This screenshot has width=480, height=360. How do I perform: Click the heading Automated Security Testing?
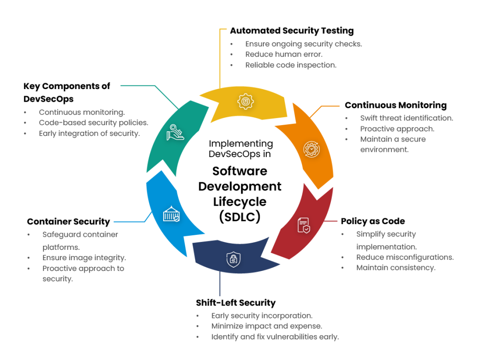[292, 31]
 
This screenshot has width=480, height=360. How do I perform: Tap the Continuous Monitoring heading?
[396, 105]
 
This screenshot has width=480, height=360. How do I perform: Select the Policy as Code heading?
[373, 221]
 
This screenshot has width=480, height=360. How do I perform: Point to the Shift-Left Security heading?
[236, 303]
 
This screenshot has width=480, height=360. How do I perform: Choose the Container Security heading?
[68, 222]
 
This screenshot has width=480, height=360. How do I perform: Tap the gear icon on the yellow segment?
[245, 101]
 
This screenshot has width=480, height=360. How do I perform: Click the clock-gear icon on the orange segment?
[311, 149]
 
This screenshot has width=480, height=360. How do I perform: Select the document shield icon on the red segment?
[304, 225]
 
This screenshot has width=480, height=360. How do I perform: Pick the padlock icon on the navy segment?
[232, 259]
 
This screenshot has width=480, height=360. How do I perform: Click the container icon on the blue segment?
[171, 215]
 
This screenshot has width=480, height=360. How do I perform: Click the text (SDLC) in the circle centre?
[240, 217]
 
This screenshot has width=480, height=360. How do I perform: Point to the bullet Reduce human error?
[284, 54]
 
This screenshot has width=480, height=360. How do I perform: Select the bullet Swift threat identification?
[406, 118]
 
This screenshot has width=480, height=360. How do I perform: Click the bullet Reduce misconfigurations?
[405, 257]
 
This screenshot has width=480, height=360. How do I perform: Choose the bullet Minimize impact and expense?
[266, 326]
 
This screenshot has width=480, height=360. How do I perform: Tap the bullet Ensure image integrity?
[84, 258]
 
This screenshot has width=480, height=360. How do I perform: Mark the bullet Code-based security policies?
[93, 123]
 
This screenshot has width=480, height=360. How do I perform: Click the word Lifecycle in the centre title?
[240, 202]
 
